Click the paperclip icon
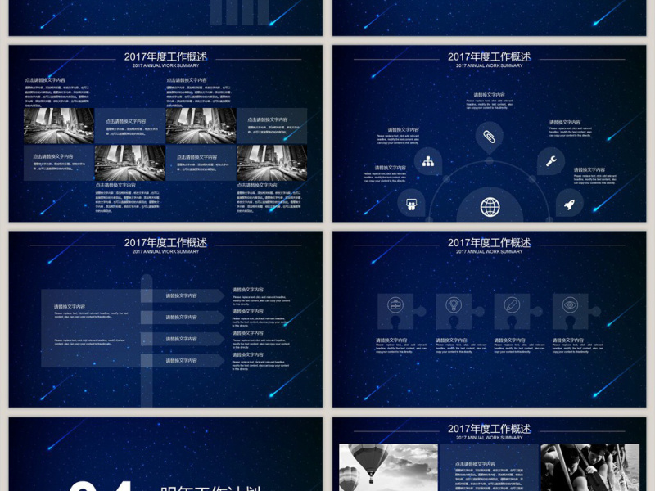pos(489,137)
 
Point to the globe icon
pos(490,207)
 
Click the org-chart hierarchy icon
pos(428,161)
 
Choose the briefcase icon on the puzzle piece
pos(395,305)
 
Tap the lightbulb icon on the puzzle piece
pos(454,305)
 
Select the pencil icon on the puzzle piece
pos(512,305)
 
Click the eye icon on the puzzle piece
pos(570,305)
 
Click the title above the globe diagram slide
pos(490,57)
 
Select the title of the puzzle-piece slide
pos(490,243)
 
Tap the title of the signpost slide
pos(165,243)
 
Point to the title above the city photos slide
pos(165,57)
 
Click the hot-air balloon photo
pos(388,468)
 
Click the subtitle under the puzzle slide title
pos(490,252)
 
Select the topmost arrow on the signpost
pos(182,296)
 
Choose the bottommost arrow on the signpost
pos(182,361)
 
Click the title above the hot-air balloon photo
pos(490,429)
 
